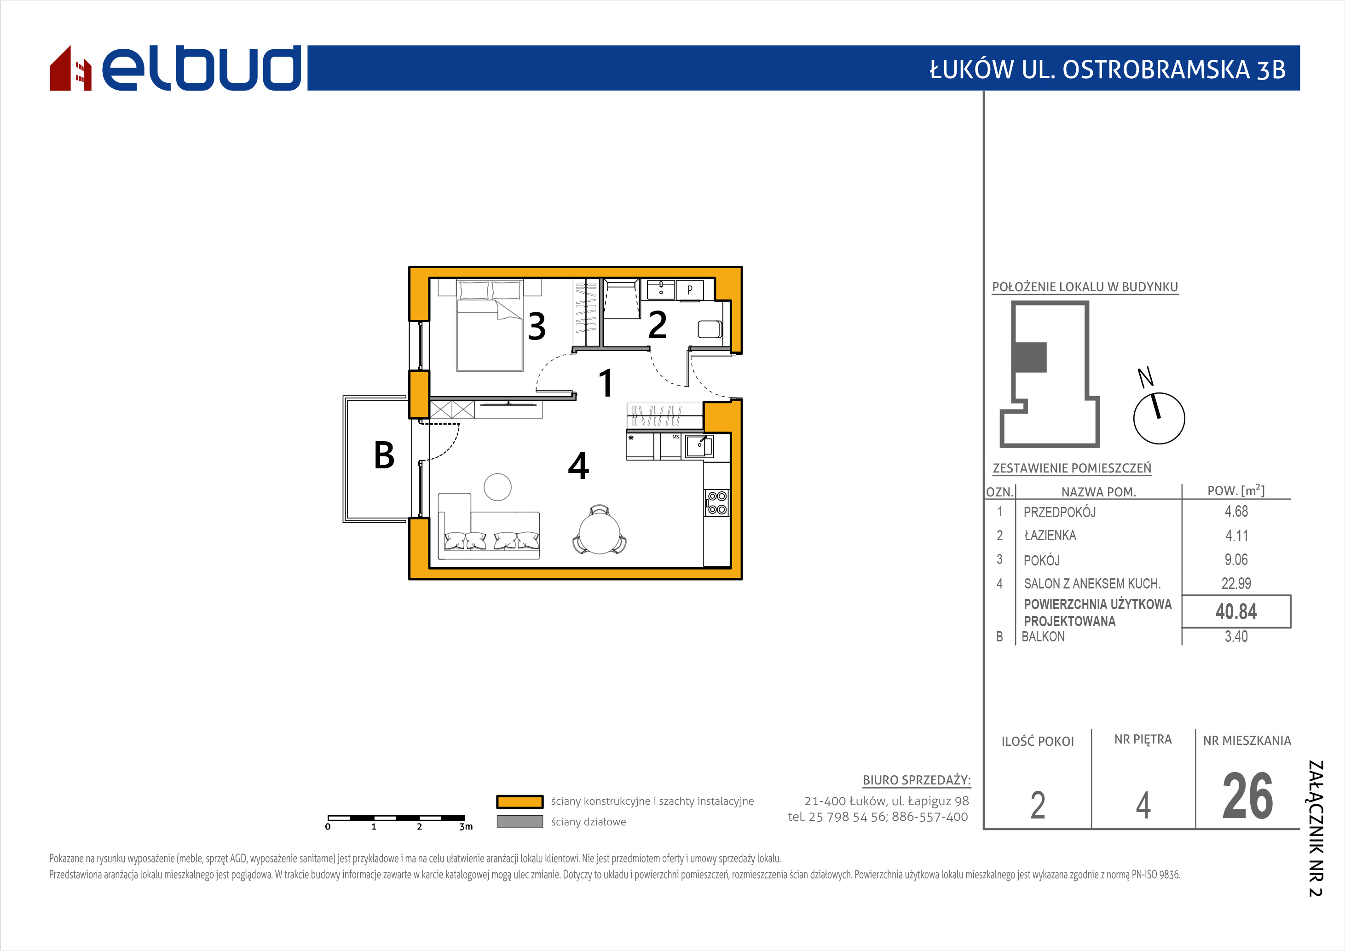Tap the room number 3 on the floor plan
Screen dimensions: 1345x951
537,326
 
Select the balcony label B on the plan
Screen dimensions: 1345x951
384,455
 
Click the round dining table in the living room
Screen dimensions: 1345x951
599,533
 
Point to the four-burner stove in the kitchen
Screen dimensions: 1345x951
717,503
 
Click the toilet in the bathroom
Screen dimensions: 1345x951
710,329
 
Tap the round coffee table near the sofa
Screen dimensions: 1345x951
497,487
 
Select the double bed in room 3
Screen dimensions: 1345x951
490,326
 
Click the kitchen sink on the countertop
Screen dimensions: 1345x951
699,446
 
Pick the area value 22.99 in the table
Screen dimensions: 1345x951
1236,583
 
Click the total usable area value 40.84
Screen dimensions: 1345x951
1236,611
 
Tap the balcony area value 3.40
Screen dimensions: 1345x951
1236,637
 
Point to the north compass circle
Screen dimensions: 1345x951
1159,418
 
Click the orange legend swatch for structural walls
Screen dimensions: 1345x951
520,801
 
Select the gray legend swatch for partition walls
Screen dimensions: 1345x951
520,822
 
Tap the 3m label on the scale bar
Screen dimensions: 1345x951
466,827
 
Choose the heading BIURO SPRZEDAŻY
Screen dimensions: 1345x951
917,780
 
